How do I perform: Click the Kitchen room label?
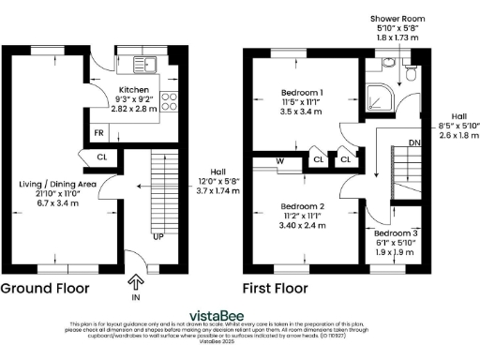tap(135, 88)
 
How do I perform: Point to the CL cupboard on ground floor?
tap(101, 157)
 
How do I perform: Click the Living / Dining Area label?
tap(58, 185)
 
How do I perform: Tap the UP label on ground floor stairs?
tap(158, 236)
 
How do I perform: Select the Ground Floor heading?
tap(44, 289)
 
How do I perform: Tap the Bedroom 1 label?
tap(302, 93)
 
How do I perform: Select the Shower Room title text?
tap(398, 17)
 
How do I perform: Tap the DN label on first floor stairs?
tap(414, 143)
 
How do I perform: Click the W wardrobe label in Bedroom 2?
tap(280, 159)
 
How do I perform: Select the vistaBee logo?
tap(240, 316)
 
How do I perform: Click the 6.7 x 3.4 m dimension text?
tap(58, 202)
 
